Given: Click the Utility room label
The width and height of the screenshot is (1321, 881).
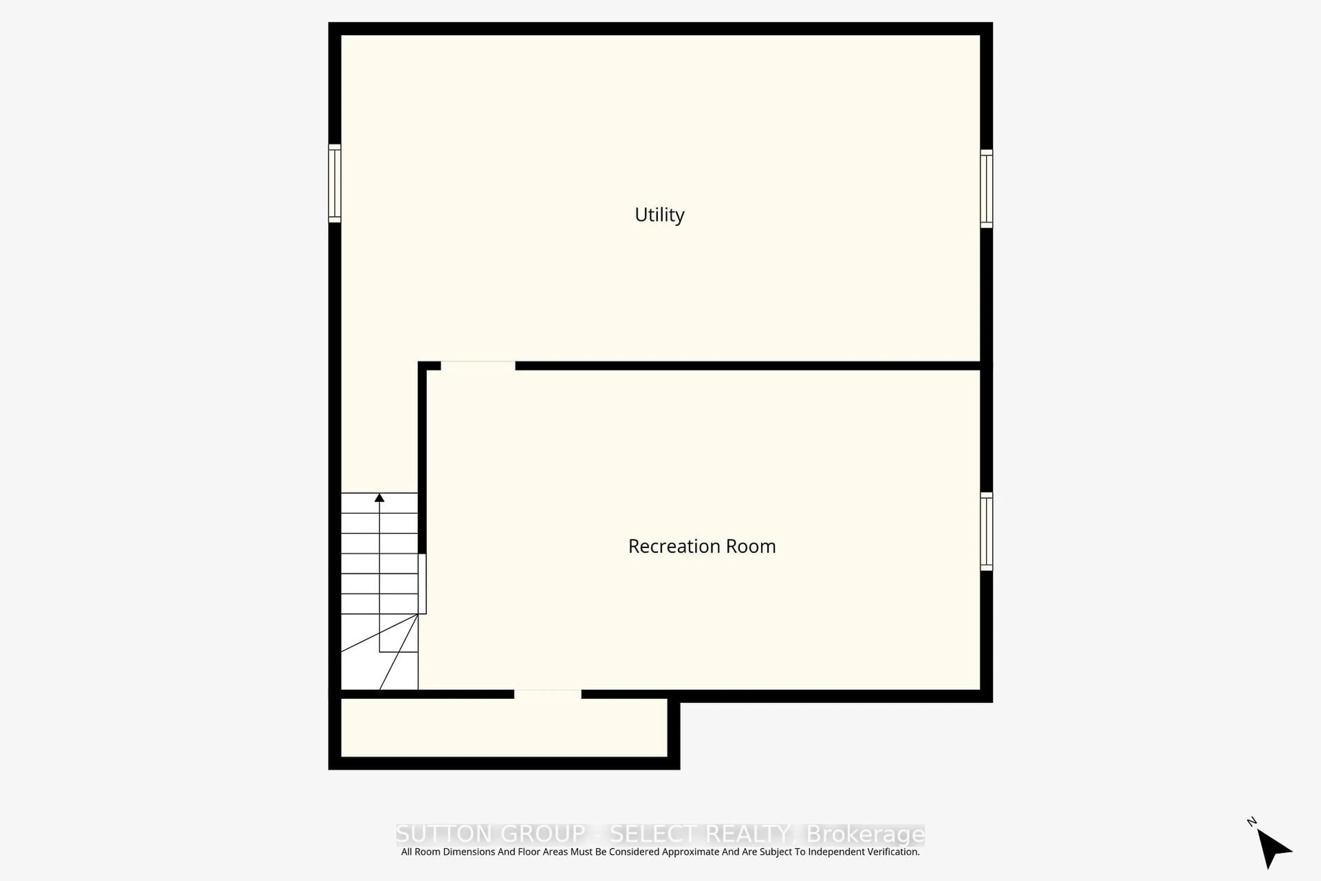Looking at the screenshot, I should pyautogui.click(x=659, y=215).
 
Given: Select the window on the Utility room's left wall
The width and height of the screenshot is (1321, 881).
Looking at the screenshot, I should pyautogui.click(x=335, y=183).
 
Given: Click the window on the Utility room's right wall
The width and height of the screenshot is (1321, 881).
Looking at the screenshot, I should pyautogui.click(x=986, y=189).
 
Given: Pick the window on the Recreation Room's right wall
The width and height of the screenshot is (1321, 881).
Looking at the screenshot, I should pyautogui.click(x=986, y=531).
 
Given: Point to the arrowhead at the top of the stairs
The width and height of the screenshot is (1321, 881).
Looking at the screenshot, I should pyautogui.click(x=380, y=498).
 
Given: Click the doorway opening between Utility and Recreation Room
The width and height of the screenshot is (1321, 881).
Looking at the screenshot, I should pyautogui.click(x=478, y=366).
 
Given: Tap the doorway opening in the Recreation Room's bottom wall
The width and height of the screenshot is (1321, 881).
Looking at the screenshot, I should pyautogui.click(x=548, y=694).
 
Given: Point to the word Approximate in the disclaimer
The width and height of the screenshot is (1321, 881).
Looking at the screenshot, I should pyautogui.click(x=691, y=852).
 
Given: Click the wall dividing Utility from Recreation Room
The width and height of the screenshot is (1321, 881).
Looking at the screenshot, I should pyautogui.click(x=747, y=366).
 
